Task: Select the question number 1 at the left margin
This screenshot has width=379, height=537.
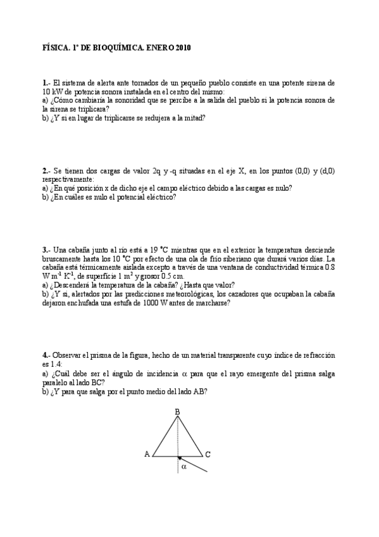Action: point(45,83)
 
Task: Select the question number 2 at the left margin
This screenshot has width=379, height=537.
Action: point(45,171)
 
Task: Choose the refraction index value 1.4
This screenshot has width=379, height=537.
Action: point(56,365)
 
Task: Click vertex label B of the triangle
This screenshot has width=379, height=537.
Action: point(177,412)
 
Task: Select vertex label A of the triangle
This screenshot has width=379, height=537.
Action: point(147,454)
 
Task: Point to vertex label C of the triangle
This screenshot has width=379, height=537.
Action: point(208,454)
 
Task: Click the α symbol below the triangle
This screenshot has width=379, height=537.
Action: point(184,467)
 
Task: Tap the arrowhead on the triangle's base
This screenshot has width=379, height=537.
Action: point(180,457)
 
